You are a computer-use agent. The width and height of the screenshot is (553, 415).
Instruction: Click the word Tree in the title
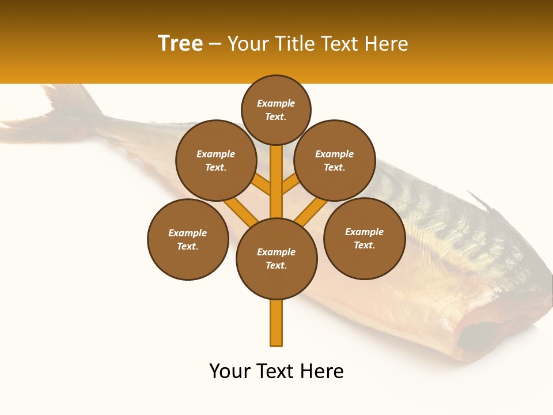pyautogui.click(x=180, y=44)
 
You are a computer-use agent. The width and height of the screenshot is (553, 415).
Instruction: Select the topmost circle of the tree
pyautogui.click(x=276, y=110)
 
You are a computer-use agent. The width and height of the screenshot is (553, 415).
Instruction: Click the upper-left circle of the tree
pyautogui.click(x=216, y=160)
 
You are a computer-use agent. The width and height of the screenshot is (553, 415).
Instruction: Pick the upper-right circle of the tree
pyautogui.click(x=335, y=160)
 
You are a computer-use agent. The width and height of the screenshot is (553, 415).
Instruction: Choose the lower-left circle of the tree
pyautogui.click(x=188, y=239)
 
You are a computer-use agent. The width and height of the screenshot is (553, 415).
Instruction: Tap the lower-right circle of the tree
pyautogui.click(x=365, y=238)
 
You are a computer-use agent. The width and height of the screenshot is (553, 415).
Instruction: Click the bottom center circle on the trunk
pyautogui.click(x=276, y=258)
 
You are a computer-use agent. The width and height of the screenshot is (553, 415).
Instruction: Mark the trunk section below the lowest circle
pyautogui.click(x=276, y=323)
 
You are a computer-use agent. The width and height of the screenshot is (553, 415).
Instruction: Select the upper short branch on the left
pyautogui.click(x=262, y=185)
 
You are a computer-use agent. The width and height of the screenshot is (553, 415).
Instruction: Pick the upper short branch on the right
pyautogui.click(x=290, y=184)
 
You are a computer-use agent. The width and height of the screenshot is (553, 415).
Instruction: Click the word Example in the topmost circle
pyautogui.click(x=276, y=104)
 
